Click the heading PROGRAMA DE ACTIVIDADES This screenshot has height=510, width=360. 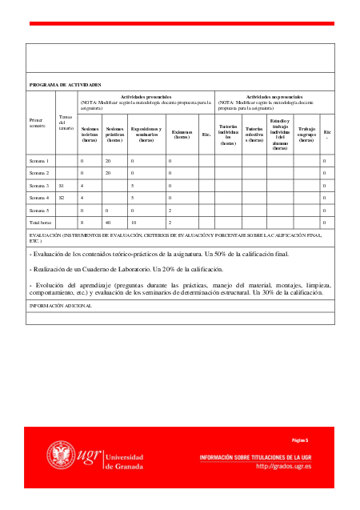pyautogui.click(x=65, y=84)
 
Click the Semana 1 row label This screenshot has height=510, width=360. pyautogui.click(x=39, y=161)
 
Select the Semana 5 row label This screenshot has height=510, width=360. pyautogui.click(x=39, y=209)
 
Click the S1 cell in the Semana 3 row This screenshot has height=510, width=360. pyautogui.click(x=62, y=185)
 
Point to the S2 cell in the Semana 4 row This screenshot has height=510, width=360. pyautogui.click(x=62, y=197)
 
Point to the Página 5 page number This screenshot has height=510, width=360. pyautogui.click(x=299, y=440)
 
